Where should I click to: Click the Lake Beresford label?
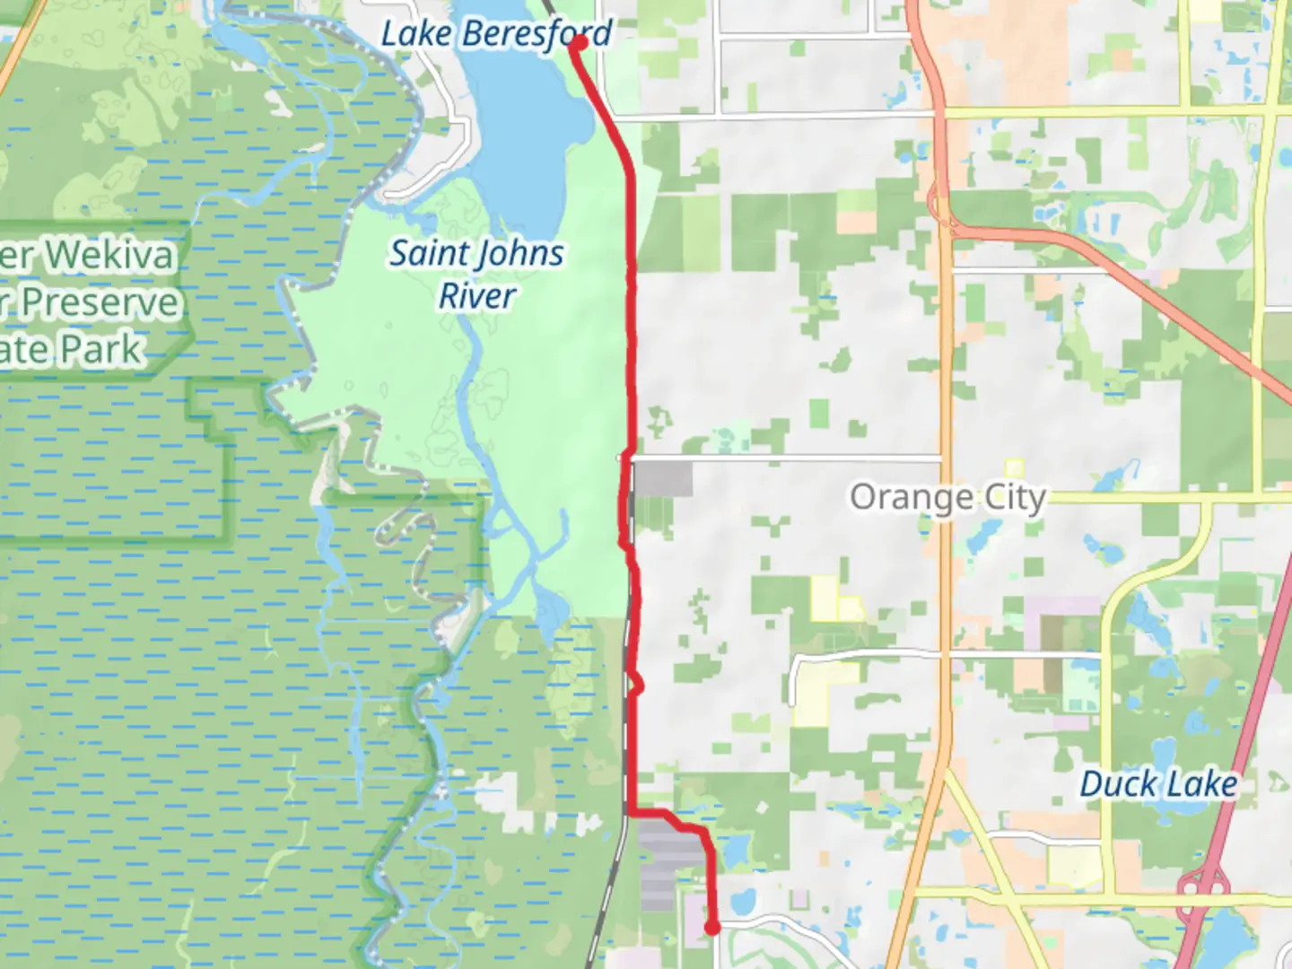tap(495, 34)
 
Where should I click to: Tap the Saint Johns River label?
tap(476, 274)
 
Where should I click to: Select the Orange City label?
tap(947, 497)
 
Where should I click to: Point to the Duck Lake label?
tap(1158, 784)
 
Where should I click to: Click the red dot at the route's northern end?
tap(579, 42)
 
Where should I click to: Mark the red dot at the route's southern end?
tap(711, 927)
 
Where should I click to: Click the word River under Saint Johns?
tap(476, 296)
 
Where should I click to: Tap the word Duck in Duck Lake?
tap(1117, 784)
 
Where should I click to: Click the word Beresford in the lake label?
tap(537, 34)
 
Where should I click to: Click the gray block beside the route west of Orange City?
tap(663, 479)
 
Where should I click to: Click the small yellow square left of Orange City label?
tap(1015, 467)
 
